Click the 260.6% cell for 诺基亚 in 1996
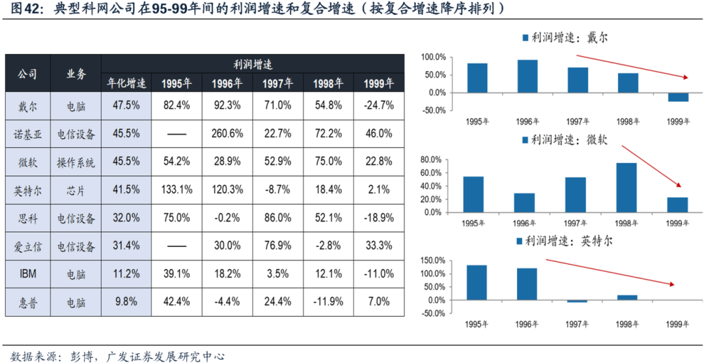227,133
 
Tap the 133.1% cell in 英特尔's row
176,189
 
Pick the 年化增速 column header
126,83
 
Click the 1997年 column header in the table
277,83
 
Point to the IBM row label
28,274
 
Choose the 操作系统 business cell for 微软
76,162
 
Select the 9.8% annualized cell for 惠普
126,302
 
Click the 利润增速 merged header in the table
252,64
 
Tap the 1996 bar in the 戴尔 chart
527,76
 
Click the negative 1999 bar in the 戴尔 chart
678,97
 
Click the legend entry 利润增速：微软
561,139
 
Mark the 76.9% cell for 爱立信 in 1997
277,246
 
